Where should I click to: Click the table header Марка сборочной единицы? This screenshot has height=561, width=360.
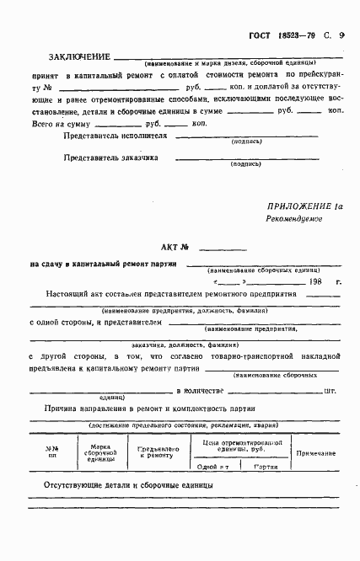pos(101,452)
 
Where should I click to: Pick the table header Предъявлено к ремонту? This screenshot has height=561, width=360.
pos(153,453)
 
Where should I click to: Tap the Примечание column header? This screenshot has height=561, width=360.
pos(315,453)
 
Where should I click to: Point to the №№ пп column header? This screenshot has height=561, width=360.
pos(52,452)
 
